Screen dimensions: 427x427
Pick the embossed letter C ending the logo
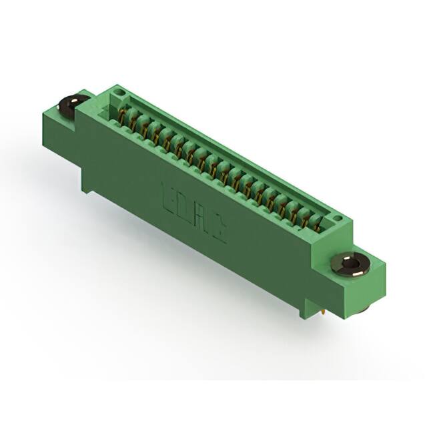click(x=218, y=230)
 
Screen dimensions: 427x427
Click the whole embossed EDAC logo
click(x=193, y=213)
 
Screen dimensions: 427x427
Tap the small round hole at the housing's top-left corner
click(x=118, y=89)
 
